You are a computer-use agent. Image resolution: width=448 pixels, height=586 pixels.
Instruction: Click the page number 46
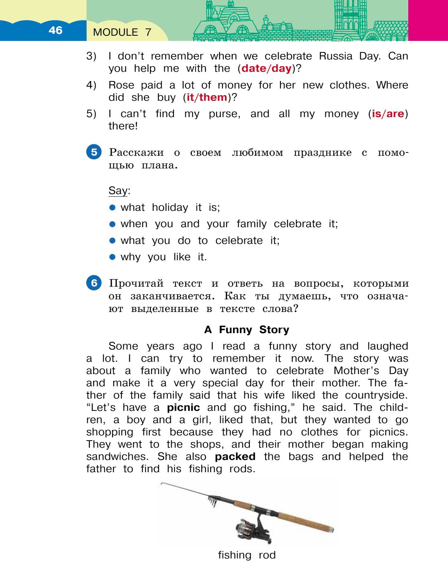click(x=55, y=30)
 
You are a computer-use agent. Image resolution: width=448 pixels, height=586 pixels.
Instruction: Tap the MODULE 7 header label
click(x=122, y=32)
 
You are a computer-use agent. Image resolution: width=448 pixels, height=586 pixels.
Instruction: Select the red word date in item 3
click(x=254, y=68)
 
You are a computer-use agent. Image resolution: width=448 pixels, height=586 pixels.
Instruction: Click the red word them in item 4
click(x=213, y=97)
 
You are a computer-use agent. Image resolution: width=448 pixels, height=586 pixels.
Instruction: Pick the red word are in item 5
click(x=395, y=114)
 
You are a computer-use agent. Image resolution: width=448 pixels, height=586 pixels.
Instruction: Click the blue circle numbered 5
click(x=94, y=152)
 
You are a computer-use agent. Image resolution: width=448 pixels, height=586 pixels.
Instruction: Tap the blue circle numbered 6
click(x=94, y=283)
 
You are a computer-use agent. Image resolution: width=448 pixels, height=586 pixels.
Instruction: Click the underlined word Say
click(x=118, y=191)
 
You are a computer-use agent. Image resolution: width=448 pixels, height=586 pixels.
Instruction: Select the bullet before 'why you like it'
click(x=113, y=257)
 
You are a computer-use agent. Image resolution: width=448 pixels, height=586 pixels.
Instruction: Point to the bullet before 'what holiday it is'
click(x=113, y=207)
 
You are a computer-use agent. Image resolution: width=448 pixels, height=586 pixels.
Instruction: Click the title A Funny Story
click(x=247, y=330)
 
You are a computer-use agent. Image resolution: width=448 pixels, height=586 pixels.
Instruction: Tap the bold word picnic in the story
click(x=184, y=408)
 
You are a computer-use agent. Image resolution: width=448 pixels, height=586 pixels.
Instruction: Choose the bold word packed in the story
click(x=235, y=457)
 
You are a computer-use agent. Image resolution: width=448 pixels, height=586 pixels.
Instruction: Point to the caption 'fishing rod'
click(x=247, y=555)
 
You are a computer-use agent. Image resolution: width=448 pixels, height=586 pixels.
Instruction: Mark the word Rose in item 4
click(x=121, y=85)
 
